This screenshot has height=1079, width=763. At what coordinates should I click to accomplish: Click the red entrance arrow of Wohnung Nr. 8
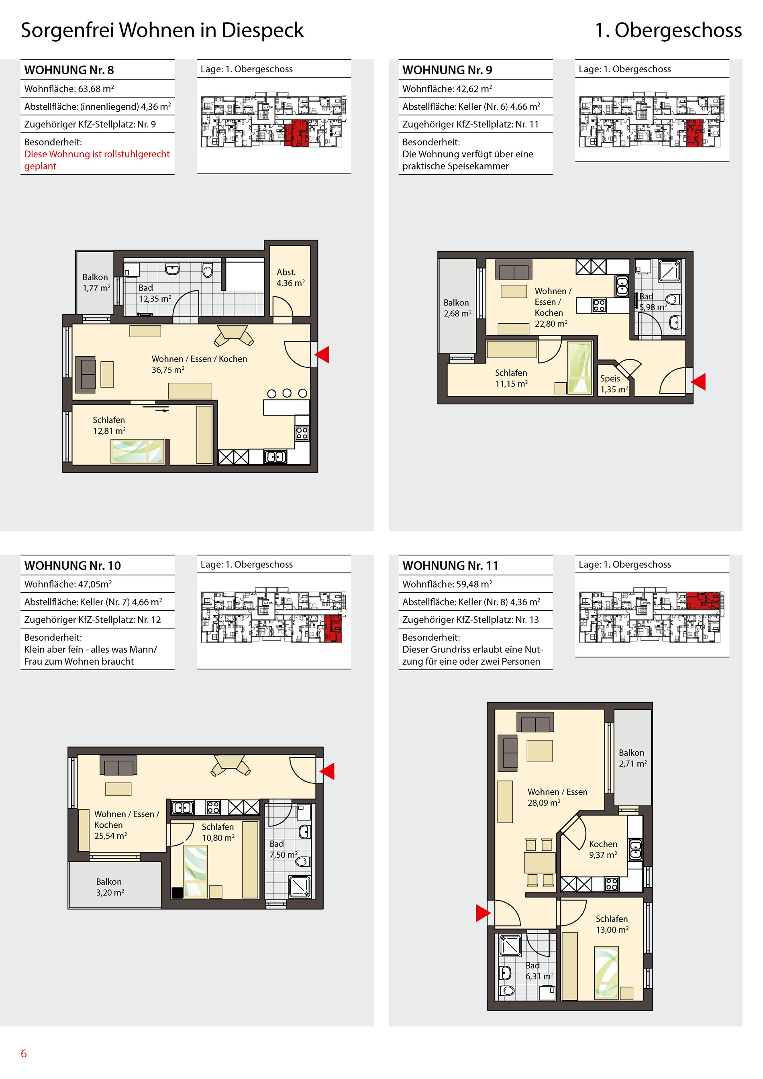(322, 355)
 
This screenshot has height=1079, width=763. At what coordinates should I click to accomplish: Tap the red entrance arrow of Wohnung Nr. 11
(483, 913)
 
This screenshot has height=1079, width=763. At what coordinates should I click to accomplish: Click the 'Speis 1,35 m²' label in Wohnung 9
(614, 384)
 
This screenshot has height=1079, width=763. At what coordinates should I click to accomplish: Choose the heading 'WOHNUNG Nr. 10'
(72, 565)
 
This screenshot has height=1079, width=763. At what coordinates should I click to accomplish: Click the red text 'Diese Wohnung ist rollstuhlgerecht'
(97, 154)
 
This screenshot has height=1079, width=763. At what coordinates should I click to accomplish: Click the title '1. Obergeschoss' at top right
(668, 30)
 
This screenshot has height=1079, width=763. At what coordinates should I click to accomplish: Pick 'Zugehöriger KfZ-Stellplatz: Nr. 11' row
(470, 124)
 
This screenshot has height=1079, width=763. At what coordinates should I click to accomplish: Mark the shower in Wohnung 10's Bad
(299, 886)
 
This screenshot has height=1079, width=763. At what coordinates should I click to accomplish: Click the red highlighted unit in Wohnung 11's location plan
(703, 601)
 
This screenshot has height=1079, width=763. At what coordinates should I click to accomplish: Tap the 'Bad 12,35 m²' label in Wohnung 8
(155, 293)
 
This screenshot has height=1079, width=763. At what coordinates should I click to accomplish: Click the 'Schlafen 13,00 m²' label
(612, 924)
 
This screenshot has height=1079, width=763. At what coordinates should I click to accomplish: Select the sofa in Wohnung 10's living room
(118, 765)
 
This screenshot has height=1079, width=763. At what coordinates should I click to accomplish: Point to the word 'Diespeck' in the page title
(263, 31)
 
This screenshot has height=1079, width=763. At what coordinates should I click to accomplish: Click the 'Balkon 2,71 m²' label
(632, 759)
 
